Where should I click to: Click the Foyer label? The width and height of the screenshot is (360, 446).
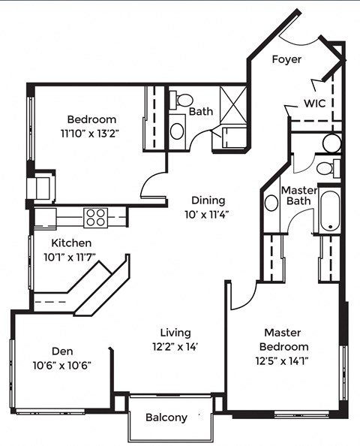286,59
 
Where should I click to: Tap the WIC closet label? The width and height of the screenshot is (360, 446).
314,103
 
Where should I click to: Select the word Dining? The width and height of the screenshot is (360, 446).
208,200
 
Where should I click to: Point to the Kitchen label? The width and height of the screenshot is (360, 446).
71,243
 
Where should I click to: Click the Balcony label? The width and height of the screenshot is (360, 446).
166,417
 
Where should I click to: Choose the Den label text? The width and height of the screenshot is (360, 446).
61,351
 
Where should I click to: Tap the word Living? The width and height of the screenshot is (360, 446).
175,332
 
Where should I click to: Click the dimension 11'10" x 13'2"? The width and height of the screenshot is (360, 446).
91,133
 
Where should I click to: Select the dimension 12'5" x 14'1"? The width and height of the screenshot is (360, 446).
283,360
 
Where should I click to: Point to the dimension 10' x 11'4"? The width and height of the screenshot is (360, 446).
208,214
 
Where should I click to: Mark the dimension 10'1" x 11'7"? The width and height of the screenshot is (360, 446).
71,258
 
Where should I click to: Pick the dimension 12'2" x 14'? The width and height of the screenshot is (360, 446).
175,346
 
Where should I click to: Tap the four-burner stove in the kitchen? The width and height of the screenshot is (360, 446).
95,217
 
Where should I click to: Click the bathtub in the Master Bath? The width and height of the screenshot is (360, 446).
330,211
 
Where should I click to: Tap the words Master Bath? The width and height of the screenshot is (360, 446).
298,196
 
